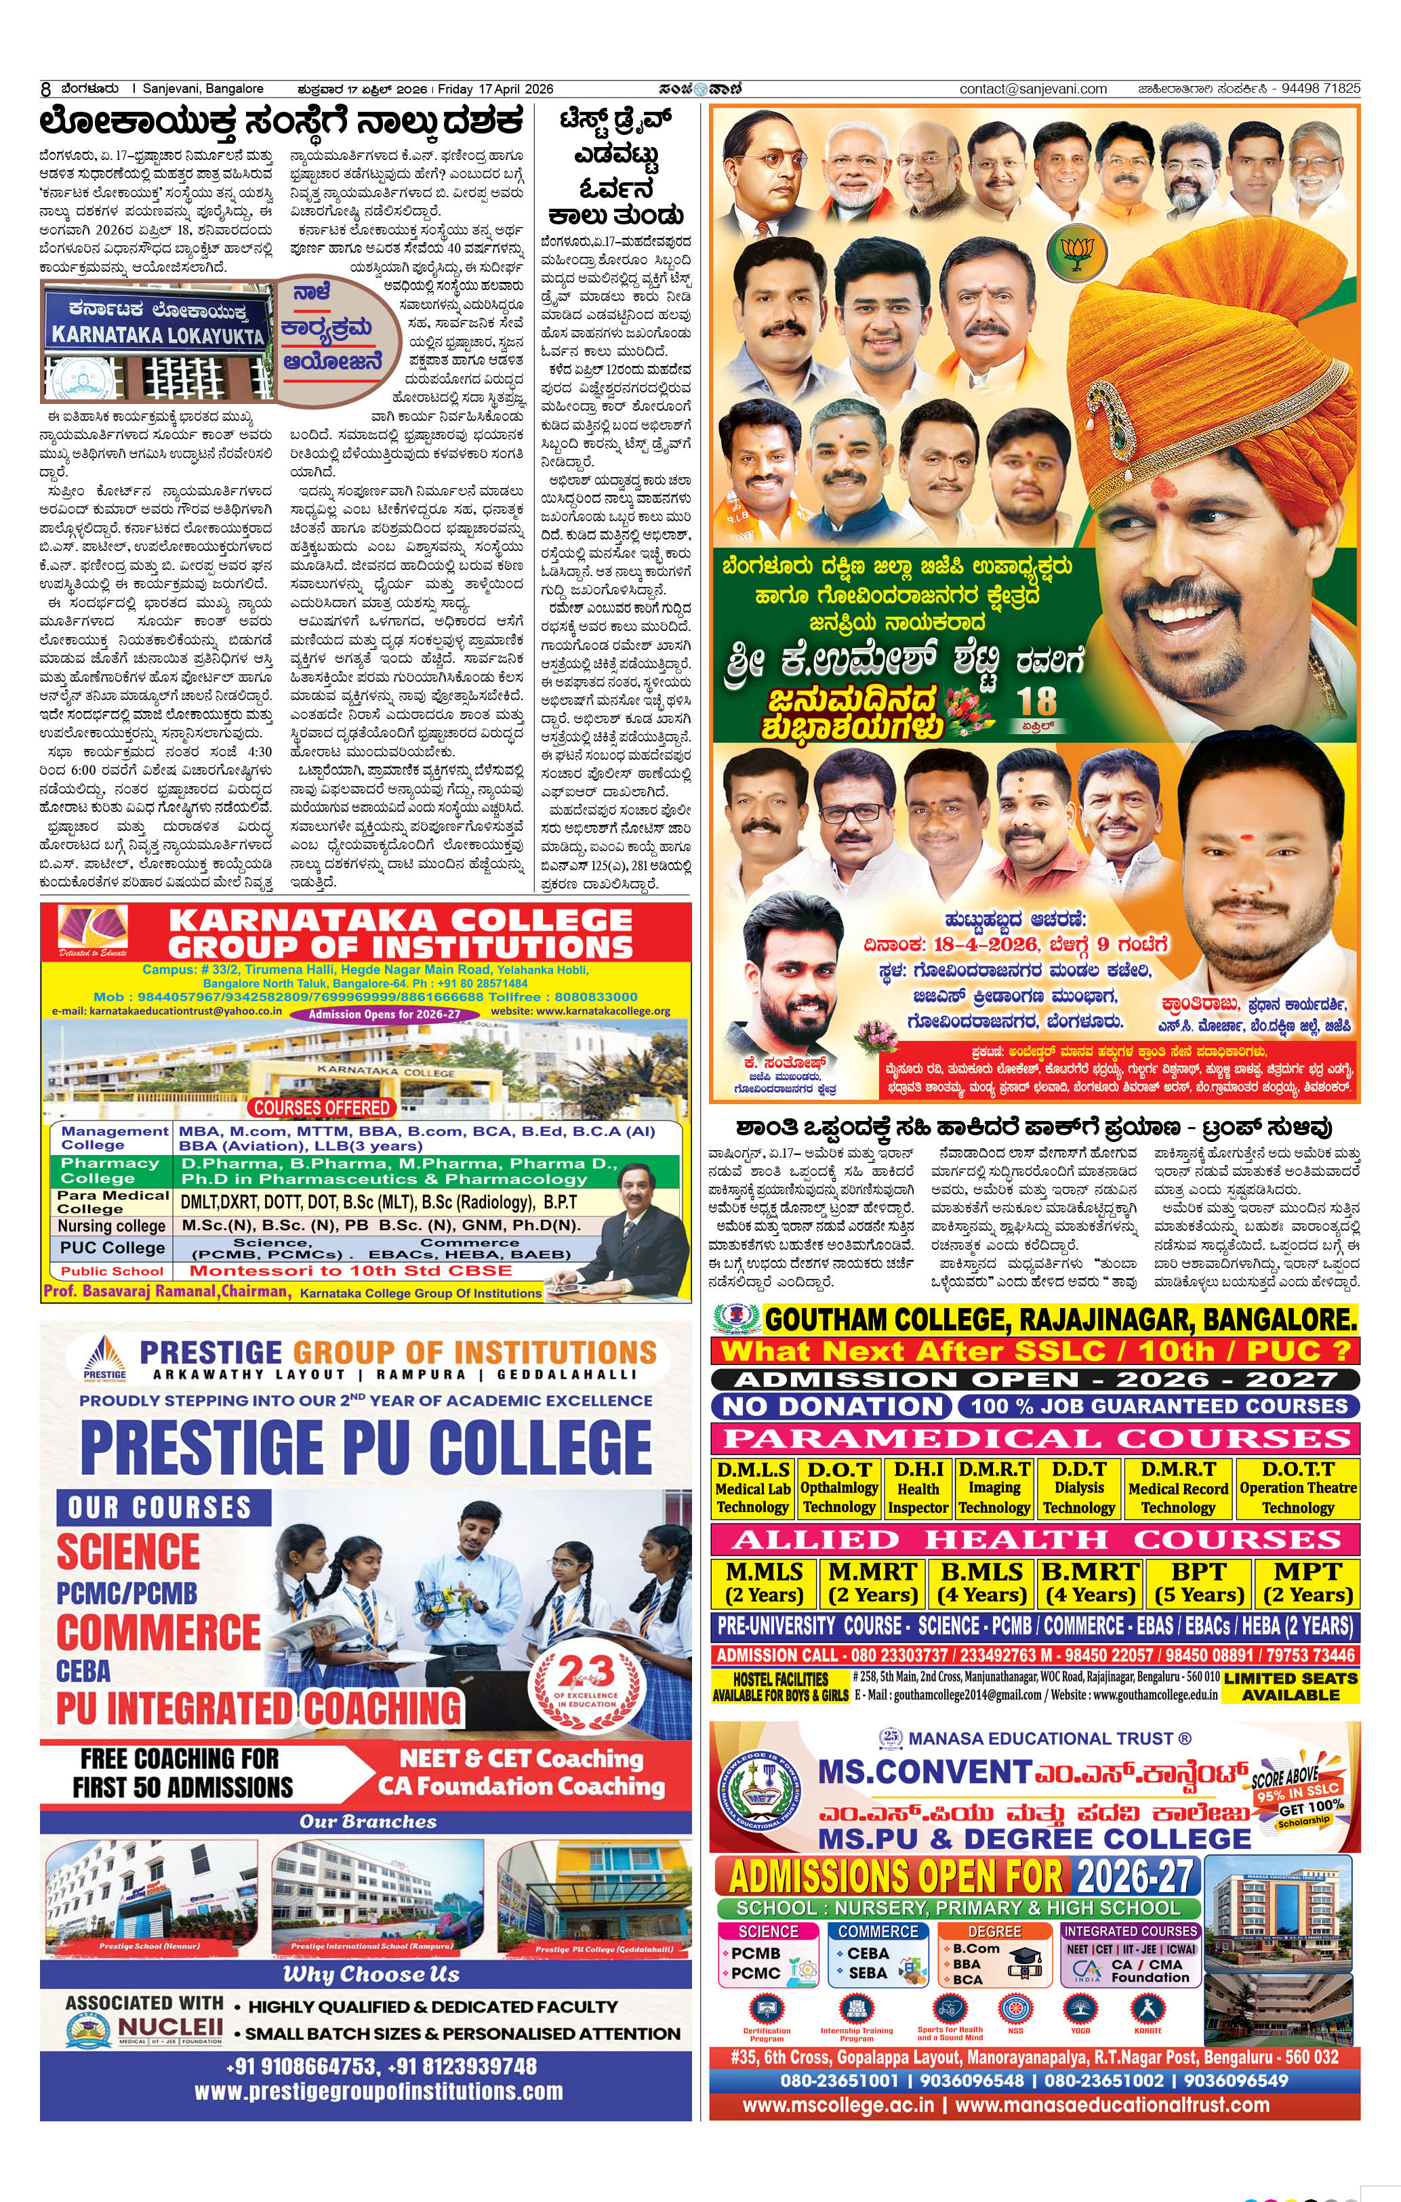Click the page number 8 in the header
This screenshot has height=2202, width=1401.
pos(45,89)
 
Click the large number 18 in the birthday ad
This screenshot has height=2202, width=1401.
pos(1036,701)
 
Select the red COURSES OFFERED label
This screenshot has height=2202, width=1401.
pos(321,1107)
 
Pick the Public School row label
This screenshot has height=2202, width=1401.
pos(112,1271)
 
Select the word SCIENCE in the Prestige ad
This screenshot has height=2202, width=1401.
pos(128,1552)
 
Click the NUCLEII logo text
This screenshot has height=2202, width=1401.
pos(170,2027)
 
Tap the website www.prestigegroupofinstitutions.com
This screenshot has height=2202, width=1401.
pos(378,2092)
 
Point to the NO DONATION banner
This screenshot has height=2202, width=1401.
pos(831,1406)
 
